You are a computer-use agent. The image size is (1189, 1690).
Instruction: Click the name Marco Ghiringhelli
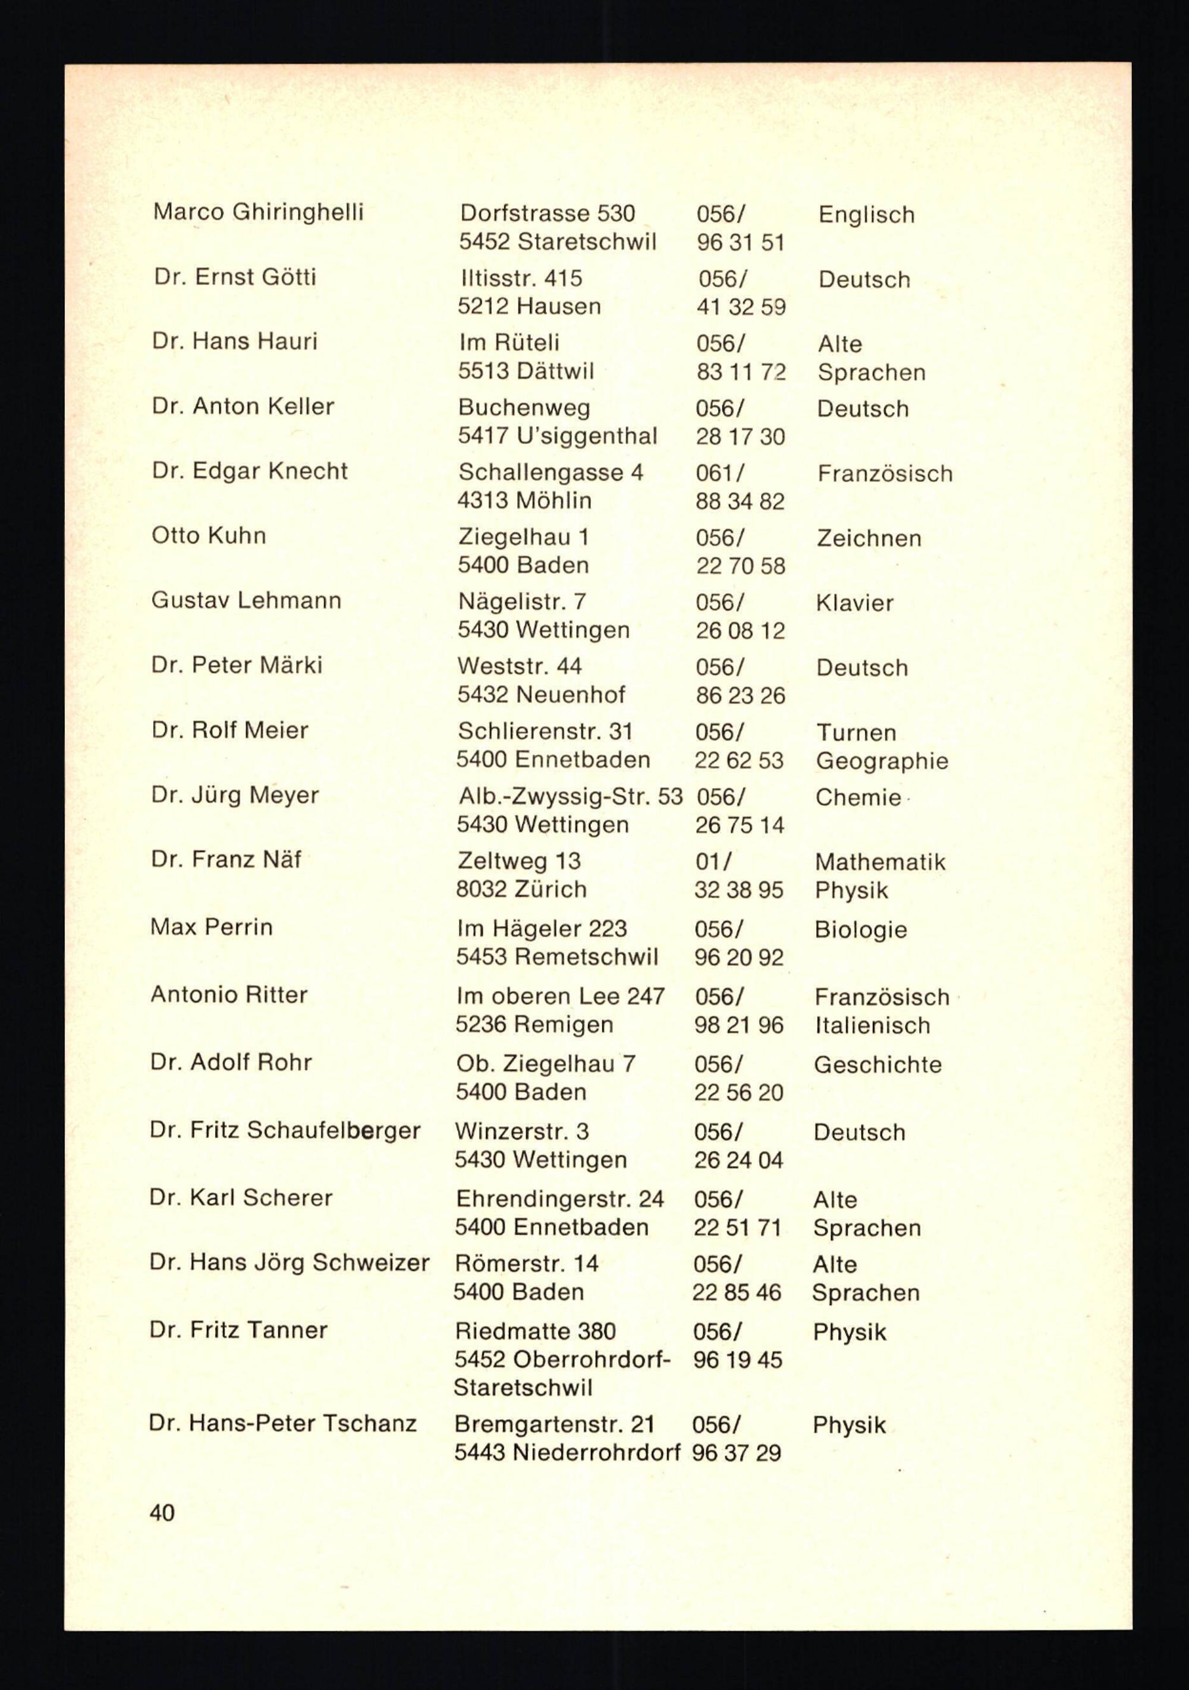(257, 213)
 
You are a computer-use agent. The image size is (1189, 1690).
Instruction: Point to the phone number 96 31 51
(741, 242)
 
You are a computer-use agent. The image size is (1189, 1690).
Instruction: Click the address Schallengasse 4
(551, 472)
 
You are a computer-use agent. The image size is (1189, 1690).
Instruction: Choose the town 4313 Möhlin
(524, 500)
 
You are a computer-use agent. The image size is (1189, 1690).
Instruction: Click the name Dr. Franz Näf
(226, 859)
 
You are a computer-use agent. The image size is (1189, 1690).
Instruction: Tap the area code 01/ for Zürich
(713, 861)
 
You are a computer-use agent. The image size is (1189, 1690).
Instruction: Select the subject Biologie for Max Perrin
(860, 929)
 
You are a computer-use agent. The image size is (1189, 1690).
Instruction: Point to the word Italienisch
(872, 1025)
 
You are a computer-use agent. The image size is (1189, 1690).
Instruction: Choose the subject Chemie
(858, 797)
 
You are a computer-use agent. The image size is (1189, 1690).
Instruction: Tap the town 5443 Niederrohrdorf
(567, 1453)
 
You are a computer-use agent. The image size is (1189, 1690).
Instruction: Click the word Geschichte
(877, 1065)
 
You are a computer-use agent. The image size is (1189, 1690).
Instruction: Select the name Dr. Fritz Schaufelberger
(285, 1131)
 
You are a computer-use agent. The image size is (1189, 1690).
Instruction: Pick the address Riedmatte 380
(535, 1331)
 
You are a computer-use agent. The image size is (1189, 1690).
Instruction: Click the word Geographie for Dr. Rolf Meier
(881, 761)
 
